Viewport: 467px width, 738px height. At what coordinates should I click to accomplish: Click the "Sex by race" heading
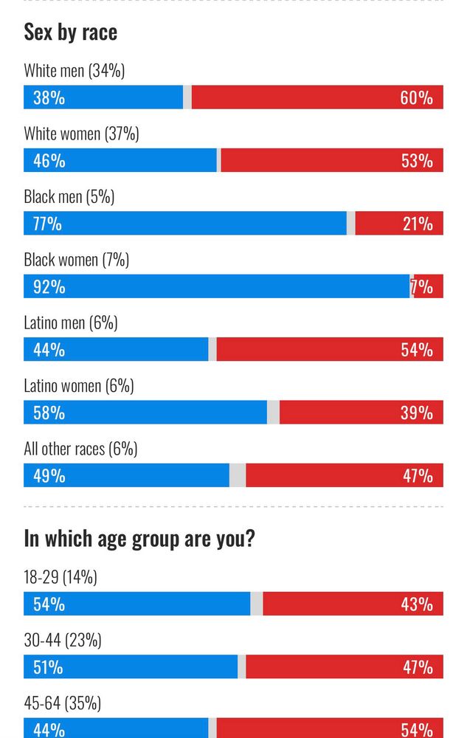70,32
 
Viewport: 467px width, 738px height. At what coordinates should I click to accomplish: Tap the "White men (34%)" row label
74,71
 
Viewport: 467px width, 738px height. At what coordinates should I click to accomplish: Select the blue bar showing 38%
103,97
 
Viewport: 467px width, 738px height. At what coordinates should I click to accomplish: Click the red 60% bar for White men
317,97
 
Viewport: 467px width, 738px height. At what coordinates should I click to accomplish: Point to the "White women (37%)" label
81,134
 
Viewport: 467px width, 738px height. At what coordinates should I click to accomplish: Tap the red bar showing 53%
332,160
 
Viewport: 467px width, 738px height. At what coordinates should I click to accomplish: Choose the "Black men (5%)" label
69,197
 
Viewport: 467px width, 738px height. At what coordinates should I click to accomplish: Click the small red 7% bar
429,286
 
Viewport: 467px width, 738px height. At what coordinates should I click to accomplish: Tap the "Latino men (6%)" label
70,323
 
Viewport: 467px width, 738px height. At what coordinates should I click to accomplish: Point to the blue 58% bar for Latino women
145,413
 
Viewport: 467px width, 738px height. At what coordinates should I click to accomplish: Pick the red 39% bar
362,413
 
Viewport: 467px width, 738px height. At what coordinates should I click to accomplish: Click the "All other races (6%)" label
80,449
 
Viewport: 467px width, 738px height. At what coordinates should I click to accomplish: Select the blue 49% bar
126,476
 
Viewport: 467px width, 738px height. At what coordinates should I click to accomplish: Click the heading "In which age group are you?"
139,539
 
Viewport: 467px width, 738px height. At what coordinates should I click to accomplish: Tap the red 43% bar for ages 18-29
353,604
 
